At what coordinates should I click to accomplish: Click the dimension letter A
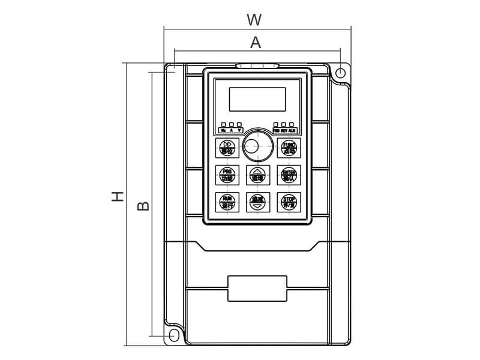click(256, 42)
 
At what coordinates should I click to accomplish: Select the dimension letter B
click(143, 205)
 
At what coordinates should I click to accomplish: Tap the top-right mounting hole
click(340, 74)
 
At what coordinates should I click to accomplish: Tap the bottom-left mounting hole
click(175, 334)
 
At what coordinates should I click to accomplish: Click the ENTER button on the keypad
click(289, 175)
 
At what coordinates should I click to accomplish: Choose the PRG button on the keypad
click(226, 175)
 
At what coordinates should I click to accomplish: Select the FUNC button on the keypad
click(289, 147)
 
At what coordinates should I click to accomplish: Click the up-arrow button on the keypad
click(257, 175)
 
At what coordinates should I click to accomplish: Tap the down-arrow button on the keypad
click(257, 202)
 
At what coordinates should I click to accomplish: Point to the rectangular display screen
click(257, 99)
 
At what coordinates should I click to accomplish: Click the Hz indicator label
click(224, 130)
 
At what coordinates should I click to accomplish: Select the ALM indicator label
click(292, 130)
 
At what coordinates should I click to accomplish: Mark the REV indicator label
click(284, 130)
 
